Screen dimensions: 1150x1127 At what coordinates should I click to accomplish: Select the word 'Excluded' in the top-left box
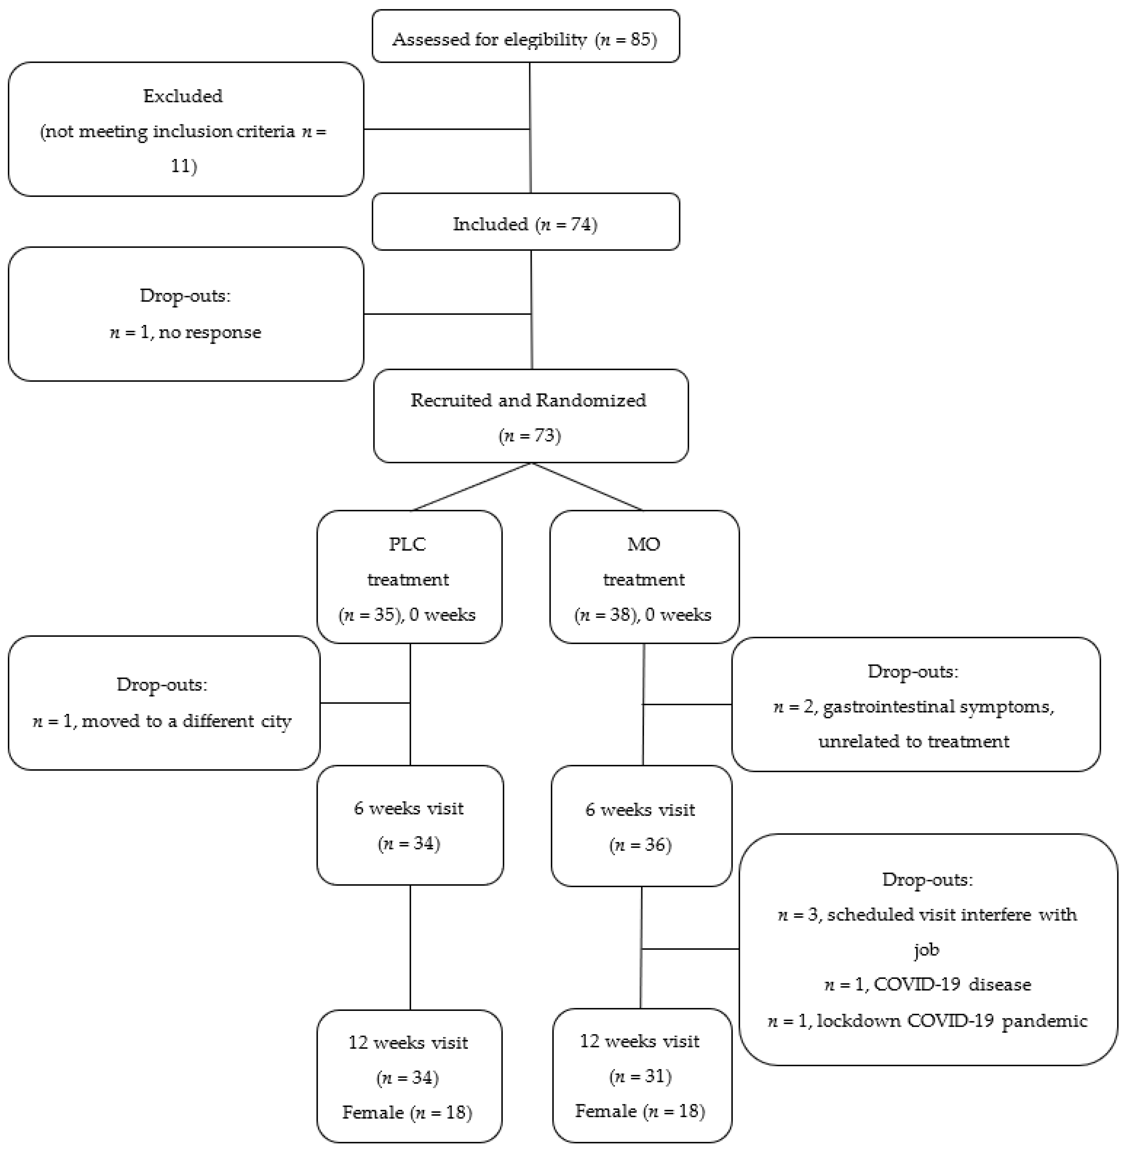[183, 96]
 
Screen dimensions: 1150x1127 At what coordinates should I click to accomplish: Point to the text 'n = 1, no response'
[185, 332]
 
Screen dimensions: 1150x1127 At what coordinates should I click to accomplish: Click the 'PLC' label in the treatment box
[407, 544]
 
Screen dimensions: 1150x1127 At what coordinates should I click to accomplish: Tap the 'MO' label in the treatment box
[643, 544]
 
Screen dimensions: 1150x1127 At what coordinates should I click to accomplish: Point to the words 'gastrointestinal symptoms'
[938, 707]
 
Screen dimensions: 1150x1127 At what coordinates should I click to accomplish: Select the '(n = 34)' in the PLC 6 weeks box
[409, 843]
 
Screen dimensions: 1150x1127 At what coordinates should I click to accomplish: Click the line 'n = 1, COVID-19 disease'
[928, 984]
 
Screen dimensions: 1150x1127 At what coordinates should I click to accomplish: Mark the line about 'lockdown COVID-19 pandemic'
[928, 1020]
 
